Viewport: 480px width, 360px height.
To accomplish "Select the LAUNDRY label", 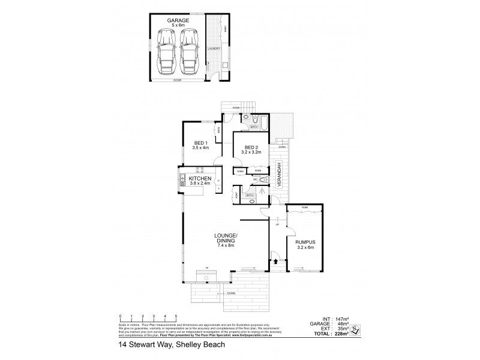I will (214, 48).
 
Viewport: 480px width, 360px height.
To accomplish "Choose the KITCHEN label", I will (199, 179).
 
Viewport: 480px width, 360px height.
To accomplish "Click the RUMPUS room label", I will (305, 244).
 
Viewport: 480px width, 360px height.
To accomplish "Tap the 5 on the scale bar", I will (175, 316).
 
